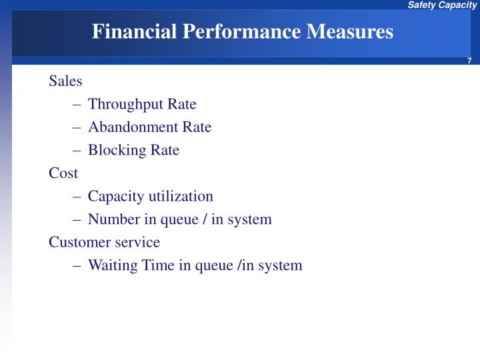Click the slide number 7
click(469, 61)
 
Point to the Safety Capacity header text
click(443, 5)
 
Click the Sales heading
click(65, 81)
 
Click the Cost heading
click(63, 173)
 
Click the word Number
click(113, 219)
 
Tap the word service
click(137, 242)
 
